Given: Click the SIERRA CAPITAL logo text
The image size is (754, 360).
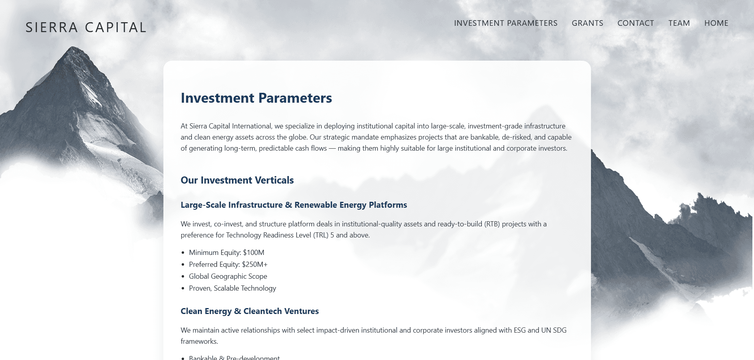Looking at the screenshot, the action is pyautogui.click(x=86, y=27).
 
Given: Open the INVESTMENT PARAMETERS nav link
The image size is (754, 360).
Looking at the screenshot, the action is pyautogui.click(x=506, y=23).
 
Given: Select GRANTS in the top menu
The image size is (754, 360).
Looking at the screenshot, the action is pyautogui.click(x=587, y=23).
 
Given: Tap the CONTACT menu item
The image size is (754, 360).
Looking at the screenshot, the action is pyautogui.click(x=636, y=23).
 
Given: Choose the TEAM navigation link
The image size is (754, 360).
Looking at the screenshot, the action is pyautogui.click(x=679, y=23).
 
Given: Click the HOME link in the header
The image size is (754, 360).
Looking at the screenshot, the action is pyautogui.click(x=716, y=23).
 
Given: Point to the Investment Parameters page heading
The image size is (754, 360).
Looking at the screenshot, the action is pyautogui.click(x=256, y=98).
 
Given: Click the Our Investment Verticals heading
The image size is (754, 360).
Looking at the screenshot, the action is pyautogui.click(x=237, y=180).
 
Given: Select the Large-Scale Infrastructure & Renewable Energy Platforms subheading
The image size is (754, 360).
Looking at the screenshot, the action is pyautogui.click(x=294, y=205).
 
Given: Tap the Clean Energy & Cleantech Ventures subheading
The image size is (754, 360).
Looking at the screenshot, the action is pyautogui.click(x=250, y=311).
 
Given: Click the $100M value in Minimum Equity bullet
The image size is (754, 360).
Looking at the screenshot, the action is pyautogui.click(x=253, y=253).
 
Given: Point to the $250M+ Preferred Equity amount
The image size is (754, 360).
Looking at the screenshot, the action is pyautogui.click(x=255, y=264).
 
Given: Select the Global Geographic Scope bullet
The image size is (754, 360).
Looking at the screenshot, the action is pyautogui.click(x=228, y=276).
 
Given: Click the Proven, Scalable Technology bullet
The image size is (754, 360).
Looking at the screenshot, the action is pyautogui.click(x=232, y=288).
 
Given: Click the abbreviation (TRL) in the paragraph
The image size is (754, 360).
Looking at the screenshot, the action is pyautogui.click(x=321, y=235).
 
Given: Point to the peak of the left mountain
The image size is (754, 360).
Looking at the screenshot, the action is pyautogui.click(x=73, y=47).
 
